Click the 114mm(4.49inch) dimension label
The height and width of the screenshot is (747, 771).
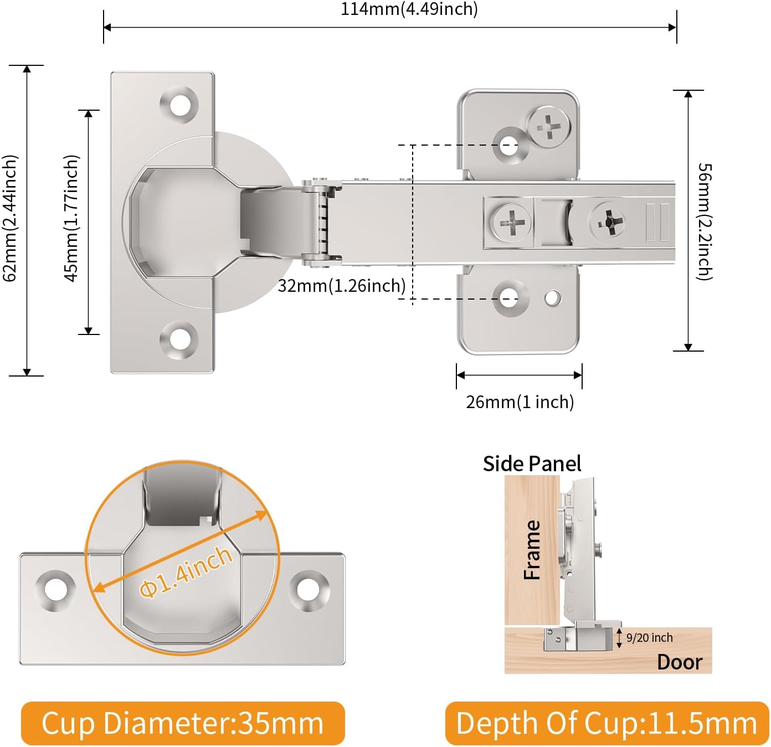tap(409, 9)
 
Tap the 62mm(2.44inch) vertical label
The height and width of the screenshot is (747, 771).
tap(10, 218)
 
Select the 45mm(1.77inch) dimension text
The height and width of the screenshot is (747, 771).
tap(71, 218)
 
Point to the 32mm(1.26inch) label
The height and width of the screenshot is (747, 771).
tap(342, 286)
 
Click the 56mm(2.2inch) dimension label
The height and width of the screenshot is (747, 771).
tap(705, 221)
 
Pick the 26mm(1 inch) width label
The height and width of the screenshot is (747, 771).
tap(520, 401)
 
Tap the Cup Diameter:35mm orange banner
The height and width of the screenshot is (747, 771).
tap(183, 723)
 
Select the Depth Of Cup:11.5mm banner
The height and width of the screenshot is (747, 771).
tap(606, 723)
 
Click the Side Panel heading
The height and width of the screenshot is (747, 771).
tap(532, 463)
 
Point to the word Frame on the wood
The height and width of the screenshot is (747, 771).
tap(532, 550)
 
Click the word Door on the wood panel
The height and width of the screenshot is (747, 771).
tap(679, 662)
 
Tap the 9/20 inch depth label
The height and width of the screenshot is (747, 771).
tap(649, 638)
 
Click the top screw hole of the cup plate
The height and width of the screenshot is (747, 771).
tap(180, 104)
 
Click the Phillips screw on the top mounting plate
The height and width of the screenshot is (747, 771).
tap(548, 127)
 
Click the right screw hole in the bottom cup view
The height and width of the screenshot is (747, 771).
tap(309, 589)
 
